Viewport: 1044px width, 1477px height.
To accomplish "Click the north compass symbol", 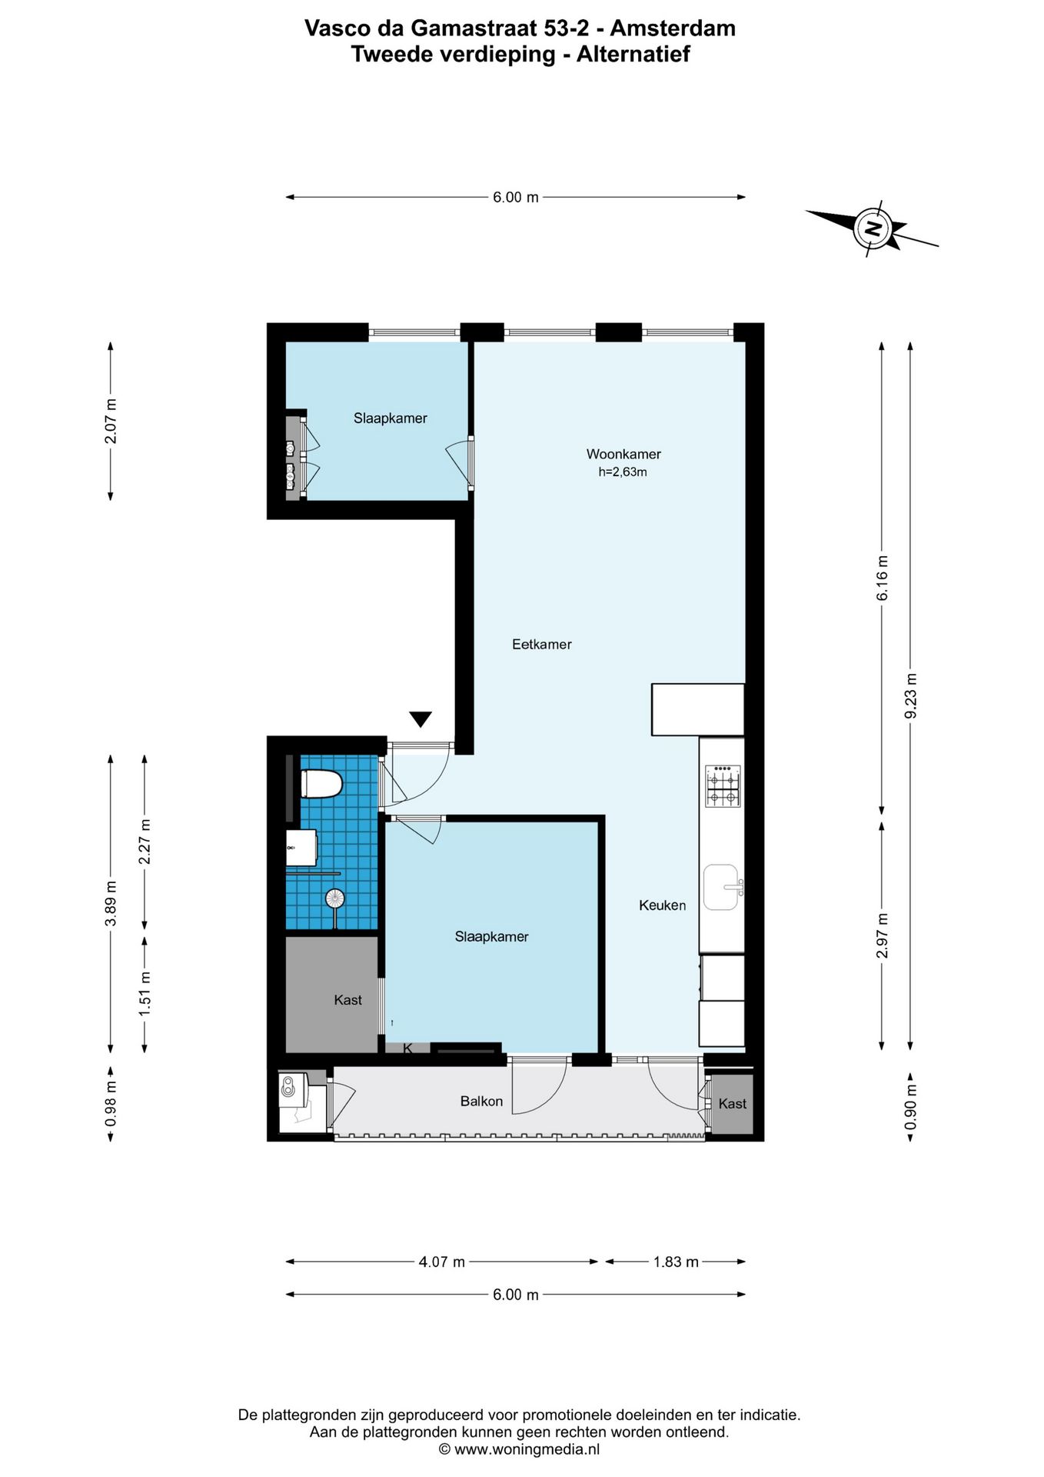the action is (x=873, y=228).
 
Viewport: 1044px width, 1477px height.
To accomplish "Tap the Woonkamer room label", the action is (x=623, y=454).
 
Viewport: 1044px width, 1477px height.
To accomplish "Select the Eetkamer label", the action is (x=542, y=645).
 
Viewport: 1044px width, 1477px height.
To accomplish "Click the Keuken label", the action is (x=663, y=905).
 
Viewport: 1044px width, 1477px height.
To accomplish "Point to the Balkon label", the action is (x=481, y=1102).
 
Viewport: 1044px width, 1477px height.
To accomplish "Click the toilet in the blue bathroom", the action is (x=321, y=784).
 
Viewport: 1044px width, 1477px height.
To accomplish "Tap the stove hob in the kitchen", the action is (x=723, y=786).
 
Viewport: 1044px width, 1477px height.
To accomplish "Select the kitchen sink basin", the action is (x=722, y=887).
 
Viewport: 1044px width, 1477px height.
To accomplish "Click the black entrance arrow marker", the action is (x=421, y=719).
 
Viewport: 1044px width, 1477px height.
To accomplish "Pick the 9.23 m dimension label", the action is (x=911, y=695).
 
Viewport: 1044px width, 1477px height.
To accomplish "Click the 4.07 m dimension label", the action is (x=442, y=1262).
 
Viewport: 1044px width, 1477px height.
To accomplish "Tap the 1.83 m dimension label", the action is (x=676, y=1262).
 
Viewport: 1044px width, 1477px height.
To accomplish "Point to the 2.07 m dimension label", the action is (x=111, y=421).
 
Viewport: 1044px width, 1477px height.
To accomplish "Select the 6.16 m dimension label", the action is (x=883, y=578).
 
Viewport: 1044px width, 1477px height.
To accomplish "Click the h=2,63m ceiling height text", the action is (x=623, y=472).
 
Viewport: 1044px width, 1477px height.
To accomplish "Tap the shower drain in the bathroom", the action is (x=334, y=898).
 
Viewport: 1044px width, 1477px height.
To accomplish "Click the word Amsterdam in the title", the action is (x=673, y=28).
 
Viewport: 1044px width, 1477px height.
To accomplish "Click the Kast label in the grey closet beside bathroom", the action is (x=347, y=1000).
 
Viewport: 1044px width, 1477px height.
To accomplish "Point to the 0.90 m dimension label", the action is (x=911, y=1107).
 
